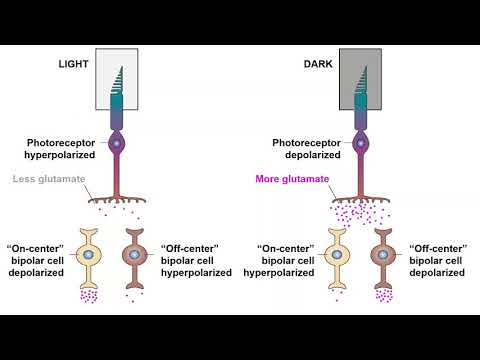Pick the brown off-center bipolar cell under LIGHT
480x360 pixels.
coord(140,255)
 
